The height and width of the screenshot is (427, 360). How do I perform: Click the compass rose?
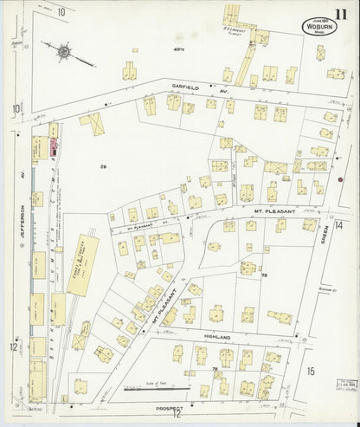[63, 52]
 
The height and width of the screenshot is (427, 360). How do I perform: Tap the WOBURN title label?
[320, 26]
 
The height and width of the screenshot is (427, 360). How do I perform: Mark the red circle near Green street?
[340, 180]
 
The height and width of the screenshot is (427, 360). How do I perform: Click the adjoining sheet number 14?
[349, 225]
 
